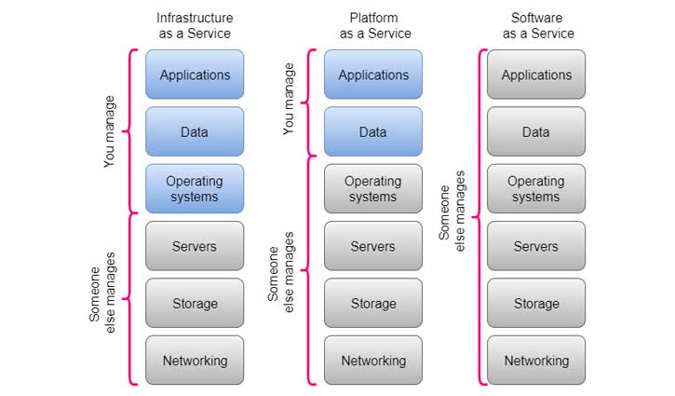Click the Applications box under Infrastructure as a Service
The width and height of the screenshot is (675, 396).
pos(195,75)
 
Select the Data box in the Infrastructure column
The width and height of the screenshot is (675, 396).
pos(195,131)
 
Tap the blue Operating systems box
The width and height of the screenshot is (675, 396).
pos(195,189)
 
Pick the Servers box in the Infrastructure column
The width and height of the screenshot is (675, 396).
pos(195,246)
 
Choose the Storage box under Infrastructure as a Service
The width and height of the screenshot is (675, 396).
pos(195,303)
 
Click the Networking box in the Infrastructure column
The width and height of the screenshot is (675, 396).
pos(195,360)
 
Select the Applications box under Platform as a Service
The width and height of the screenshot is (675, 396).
pos(372,75)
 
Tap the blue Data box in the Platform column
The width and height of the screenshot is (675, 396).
pos(372,131)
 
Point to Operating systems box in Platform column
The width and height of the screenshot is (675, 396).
pos(372,189)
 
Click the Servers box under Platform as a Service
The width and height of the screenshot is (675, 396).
pos(372,246)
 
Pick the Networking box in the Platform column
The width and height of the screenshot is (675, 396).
pos(372,360)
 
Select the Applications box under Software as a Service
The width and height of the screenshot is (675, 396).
pos(536,75)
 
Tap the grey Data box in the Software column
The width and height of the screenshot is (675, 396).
pos(536,131)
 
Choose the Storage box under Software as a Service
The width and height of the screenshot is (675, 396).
pos(536,303)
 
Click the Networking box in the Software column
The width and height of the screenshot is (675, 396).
pos(536,360)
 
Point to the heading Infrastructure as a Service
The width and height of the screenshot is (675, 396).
pos(195,25)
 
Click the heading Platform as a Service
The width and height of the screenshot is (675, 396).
pos(372,25)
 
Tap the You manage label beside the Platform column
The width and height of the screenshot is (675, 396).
pos(289,100)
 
